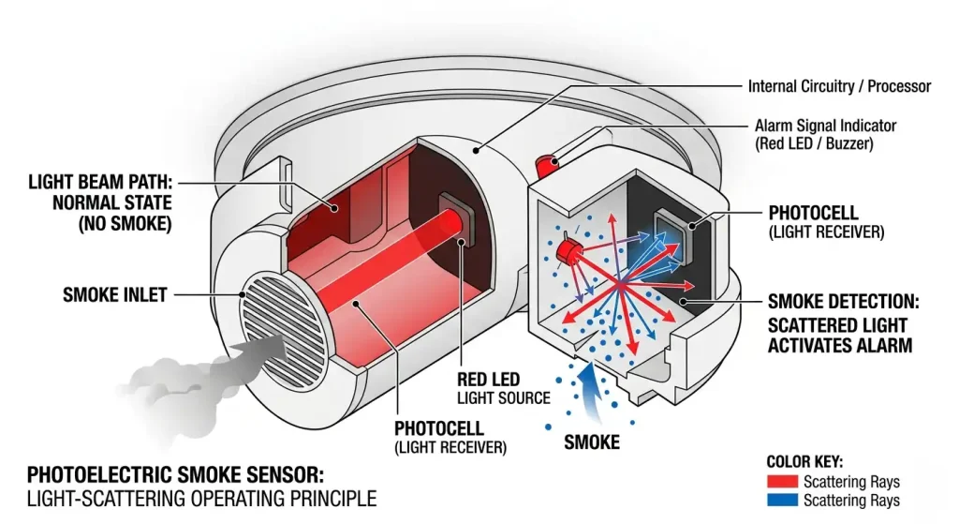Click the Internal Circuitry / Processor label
[839, 86]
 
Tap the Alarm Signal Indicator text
[825, 126]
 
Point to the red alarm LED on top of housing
[545, 165]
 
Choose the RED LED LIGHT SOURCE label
[503, 389]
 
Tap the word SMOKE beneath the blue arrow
[591, 441]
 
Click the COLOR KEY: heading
[804, 462]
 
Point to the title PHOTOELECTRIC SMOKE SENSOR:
[180, 475]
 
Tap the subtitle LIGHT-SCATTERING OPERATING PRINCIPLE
[201, 499]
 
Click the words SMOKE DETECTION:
[843, 302]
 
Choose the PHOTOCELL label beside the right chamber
[812, 213]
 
